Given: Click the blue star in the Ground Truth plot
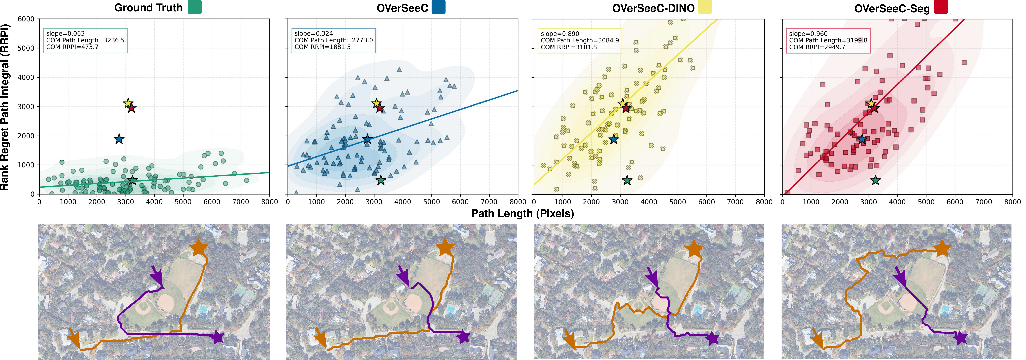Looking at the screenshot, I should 119,139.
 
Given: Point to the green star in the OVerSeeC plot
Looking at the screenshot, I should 381,180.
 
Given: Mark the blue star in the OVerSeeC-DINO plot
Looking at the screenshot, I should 614,139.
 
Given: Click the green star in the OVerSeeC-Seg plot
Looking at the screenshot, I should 875,180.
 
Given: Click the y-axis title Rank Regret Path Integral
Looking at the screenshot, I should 5,107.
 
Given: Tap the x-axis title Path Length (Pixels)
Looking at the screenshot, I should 522,213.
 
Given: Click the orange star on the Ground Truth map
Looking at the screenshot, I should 199,248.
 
